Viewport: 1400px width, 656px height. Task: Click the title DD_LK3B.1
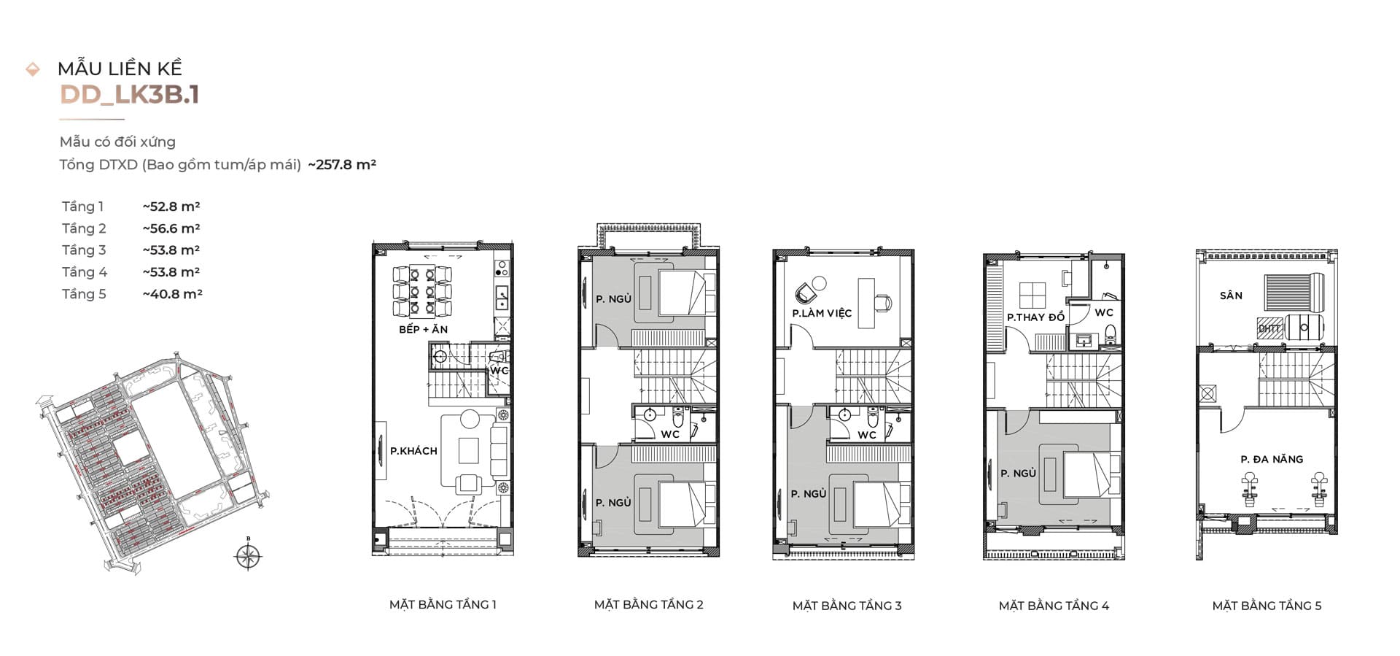[130, 95]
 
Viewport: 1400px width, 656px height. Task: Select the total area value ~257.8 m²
[342, 164]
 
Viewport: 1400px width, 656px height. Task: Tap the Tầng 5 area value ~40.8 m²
[172, 293]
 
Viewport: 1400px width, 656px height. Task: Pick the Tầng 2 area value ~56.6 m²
[171, 228]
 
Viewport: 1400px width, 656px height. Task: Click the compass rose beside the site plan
[249, 556]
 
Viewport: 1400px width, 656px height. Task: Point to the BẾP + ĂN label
[424, 329]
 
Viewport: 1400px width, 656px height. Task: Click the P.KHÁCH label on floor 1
[413, 451]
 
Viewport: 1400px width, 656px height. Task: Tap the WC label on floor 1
[499, 370]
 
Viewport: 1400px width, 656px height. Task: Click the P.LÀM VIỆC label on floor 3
[822, 313]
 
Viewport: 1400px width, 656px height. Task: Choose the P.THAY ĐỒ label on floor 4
[1035, 317]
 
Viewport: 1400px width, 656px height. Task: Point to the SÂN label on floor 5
[1231, 296]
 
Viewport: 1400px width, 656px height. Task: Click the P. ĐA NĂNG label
[1272, 459]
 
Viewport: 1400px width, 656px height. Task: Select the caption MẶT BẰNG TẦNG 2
[648, 604]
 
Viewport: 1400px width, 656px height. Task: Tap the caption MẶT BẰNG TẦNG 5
[1267, 605]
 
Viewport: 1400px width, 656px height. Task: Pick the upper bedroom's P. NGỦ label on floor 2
[613, 298]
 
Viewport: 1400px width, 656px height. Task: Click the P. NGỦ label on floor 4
[1018, 473]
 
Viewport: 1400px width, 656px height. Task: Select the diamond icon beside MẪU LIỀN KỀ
[33, 69]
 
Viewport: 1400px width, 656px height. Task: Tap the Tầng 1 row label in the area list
[82, 207]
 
